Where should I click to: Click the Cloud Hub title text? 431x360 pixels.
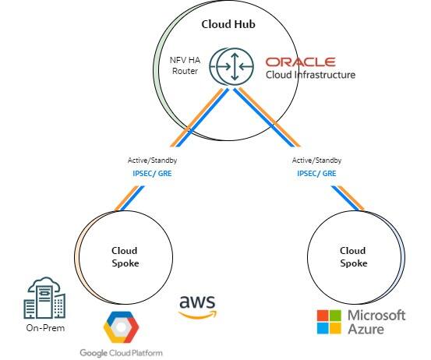(x=228, y=24)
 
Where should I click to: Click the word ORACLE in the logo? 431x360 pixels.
(x=300, y=62)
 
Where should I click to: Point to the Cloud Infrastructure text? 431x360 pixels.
(x=310, y=75)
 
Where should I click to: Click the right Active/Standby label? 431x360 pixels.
(x=316, y=161)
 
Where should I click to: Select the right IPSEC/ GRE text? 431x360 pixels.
(x=316, y=174)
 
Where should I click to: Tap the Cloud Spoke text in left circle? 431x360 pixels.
(x=124, y=256)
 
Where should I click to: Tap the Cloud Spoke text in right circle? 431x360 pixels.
(x=352, y=256)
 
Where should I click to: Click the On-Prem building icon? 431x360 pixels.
(x=44, y=298)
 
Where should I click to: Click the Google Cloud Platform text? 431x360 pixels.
(x=122, y=352)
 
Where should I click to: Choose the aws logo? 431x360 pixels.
(x=196, y=305)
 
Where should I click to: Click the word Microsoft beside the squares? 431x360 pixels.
(x=376, y=315)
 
